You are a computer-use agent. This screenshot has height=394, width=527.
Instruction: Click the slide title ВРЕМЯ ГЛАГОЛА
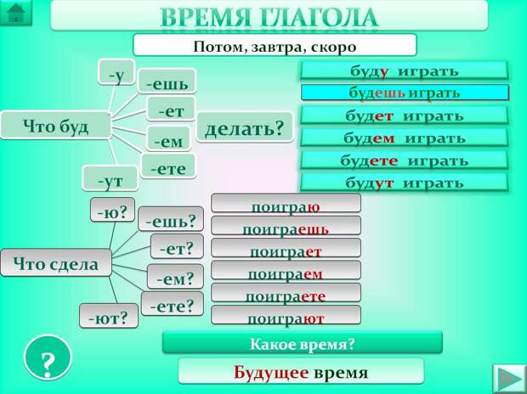[x=269, y=16]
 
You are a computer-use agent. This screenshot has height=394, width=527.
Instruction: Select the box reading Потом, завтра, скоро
[x=275, y=46]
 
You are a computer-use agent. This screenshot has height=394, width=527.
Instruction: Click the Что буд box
[x=56, y=126]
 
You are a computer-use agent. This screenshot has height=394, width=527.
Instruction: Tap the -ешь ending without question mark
[x=167, y=83]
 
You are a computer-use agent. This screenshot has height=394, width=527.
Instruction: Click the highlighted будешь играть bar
[x=405, y=93]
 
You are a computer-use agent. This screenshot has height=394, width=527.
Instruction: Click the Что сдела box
[x=56, y=263]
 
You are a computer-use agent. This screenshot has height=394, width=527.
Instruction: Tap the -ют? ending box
[x=110, y=318]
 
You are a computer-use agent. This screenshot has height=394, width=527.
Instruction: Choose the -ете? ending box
[x=173, y=304]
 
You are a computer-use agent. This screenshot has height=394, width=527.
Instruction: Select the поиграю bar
[x=286, y=204]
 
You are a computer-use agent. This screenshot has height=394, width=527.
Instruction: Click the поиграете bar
[x=286, y=294]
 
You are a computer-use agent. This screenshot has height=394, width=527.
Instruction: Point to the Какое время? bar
[x=302, y=343]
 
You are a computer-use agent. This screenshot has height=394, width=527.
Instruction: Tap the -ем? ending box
[x=176, y=277]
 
